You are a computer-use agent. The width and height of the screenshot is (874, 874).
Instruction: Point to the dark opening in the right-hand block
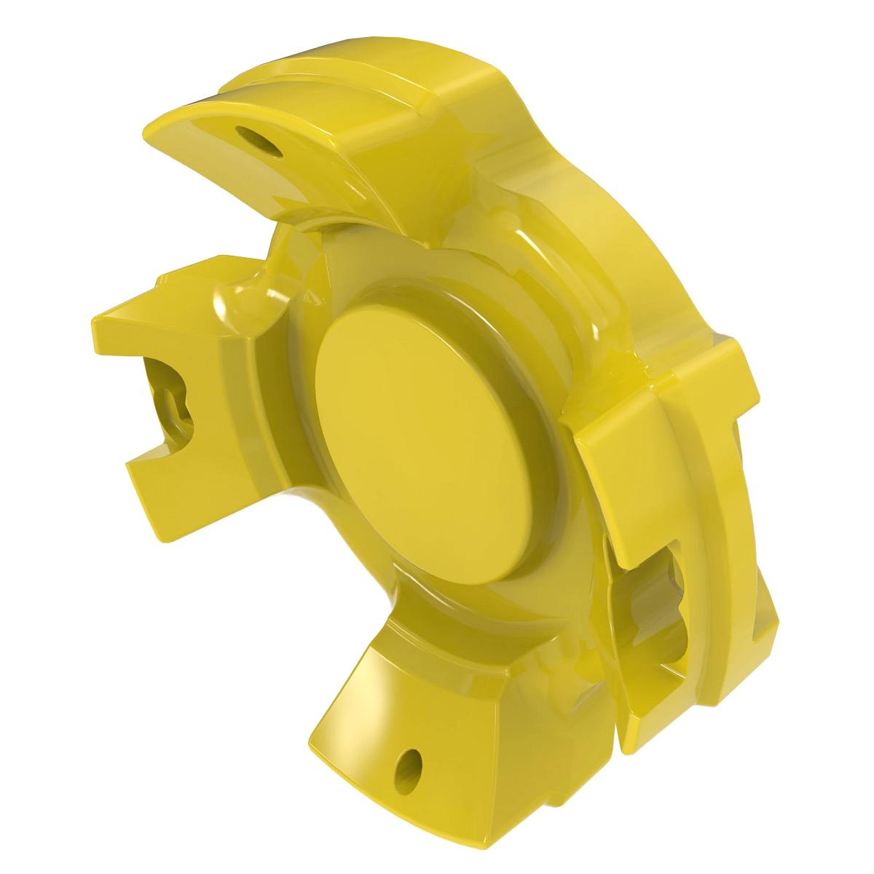click(655, 605)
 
